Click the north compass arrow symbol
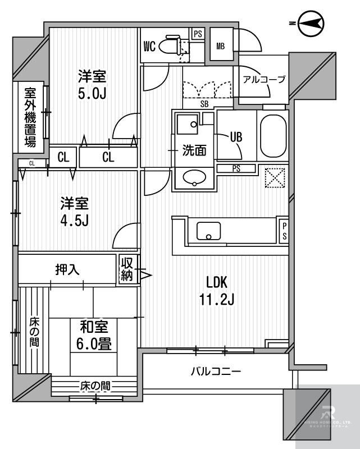311,23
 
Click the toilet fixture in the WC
170,45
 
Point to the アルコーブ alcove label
264,79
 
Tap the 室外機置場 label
30,117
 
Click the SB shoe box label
206,103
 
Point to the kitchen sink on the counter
208,231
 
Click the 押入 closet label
67,269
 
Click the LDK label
218,282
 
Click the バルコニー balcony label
216,371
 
